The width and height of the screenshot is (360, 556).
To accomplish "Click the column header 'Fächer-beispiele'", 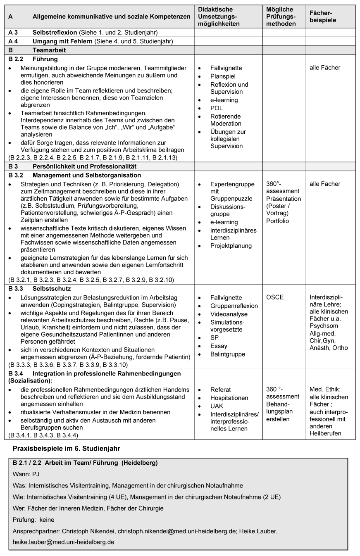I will pos(322,17).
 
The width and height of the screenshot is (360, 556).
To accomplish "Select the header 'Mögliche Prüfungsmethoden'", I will pos(281,17).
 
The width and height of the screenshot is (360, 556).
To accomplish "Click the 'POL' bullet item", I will pos(217,108).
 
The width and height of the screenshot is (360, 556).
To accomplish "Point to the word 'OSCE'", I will pos(275,297).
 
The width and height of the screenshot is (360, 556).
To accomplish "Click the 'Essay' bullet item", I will pos(219,346).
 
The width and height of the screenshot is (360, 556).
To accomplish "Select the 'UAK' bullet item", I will pos(217,406).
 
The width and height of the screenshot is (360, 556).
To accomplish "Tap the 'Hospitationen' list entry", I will pos(229,398).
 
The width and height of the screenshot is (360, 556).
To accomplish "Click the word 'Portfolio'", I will pos(278,221).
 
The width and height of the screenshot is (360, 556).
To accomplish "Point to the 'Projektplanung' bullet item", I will pos(231,246).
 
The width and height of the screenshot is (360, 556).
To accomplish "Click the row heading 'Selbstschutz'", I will pos(52,288).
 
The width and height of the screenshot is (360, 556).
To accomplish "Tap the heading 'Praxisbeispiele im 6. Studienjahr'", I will pos(66,448).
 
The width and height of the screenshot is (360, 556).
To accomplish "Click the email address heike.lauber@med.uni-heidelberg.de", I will pos(64,542).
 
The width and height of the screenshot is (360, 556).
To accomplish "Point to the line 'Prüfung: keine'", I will pos(33,520).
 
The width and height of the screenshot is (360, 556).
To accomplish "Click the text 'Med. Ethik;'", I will pos(325,389).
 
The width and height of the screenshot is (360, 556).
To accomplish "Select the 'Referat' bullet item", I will pos(220,390).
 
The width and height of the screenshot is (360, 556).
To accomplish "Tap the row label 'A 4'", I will pos(13,41).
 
